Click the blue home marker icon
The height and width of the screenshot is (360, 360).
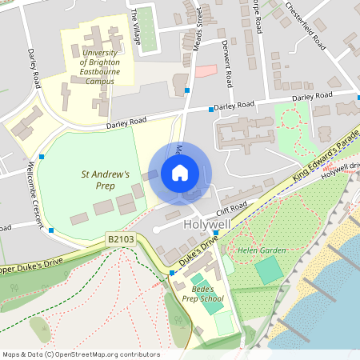pyautogui.click(x=180, y=173)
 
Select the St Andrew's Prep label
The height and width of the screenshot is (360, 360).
pyautogui.click(x=105, y=179)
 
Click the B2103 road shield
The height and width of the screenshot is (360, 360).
pyautogui.click(x=118, y=238)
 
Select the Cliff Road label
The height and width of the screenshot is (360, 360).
pyautogui.click(x=231, y=209)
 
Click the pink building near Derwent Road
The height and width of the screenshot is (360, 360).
pyautogui.click(x=206, y=70)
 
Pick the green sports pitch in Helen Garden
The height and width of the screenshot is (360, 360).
pyautogui.click(x=269, y=270)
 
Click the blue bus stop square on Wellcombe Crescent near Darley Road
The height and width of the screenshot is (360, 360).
pyautogui.click(x=42, y=157)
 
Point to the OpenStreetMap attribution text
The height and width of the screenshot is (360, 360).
pyautogui.click(x=80, y=354)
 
